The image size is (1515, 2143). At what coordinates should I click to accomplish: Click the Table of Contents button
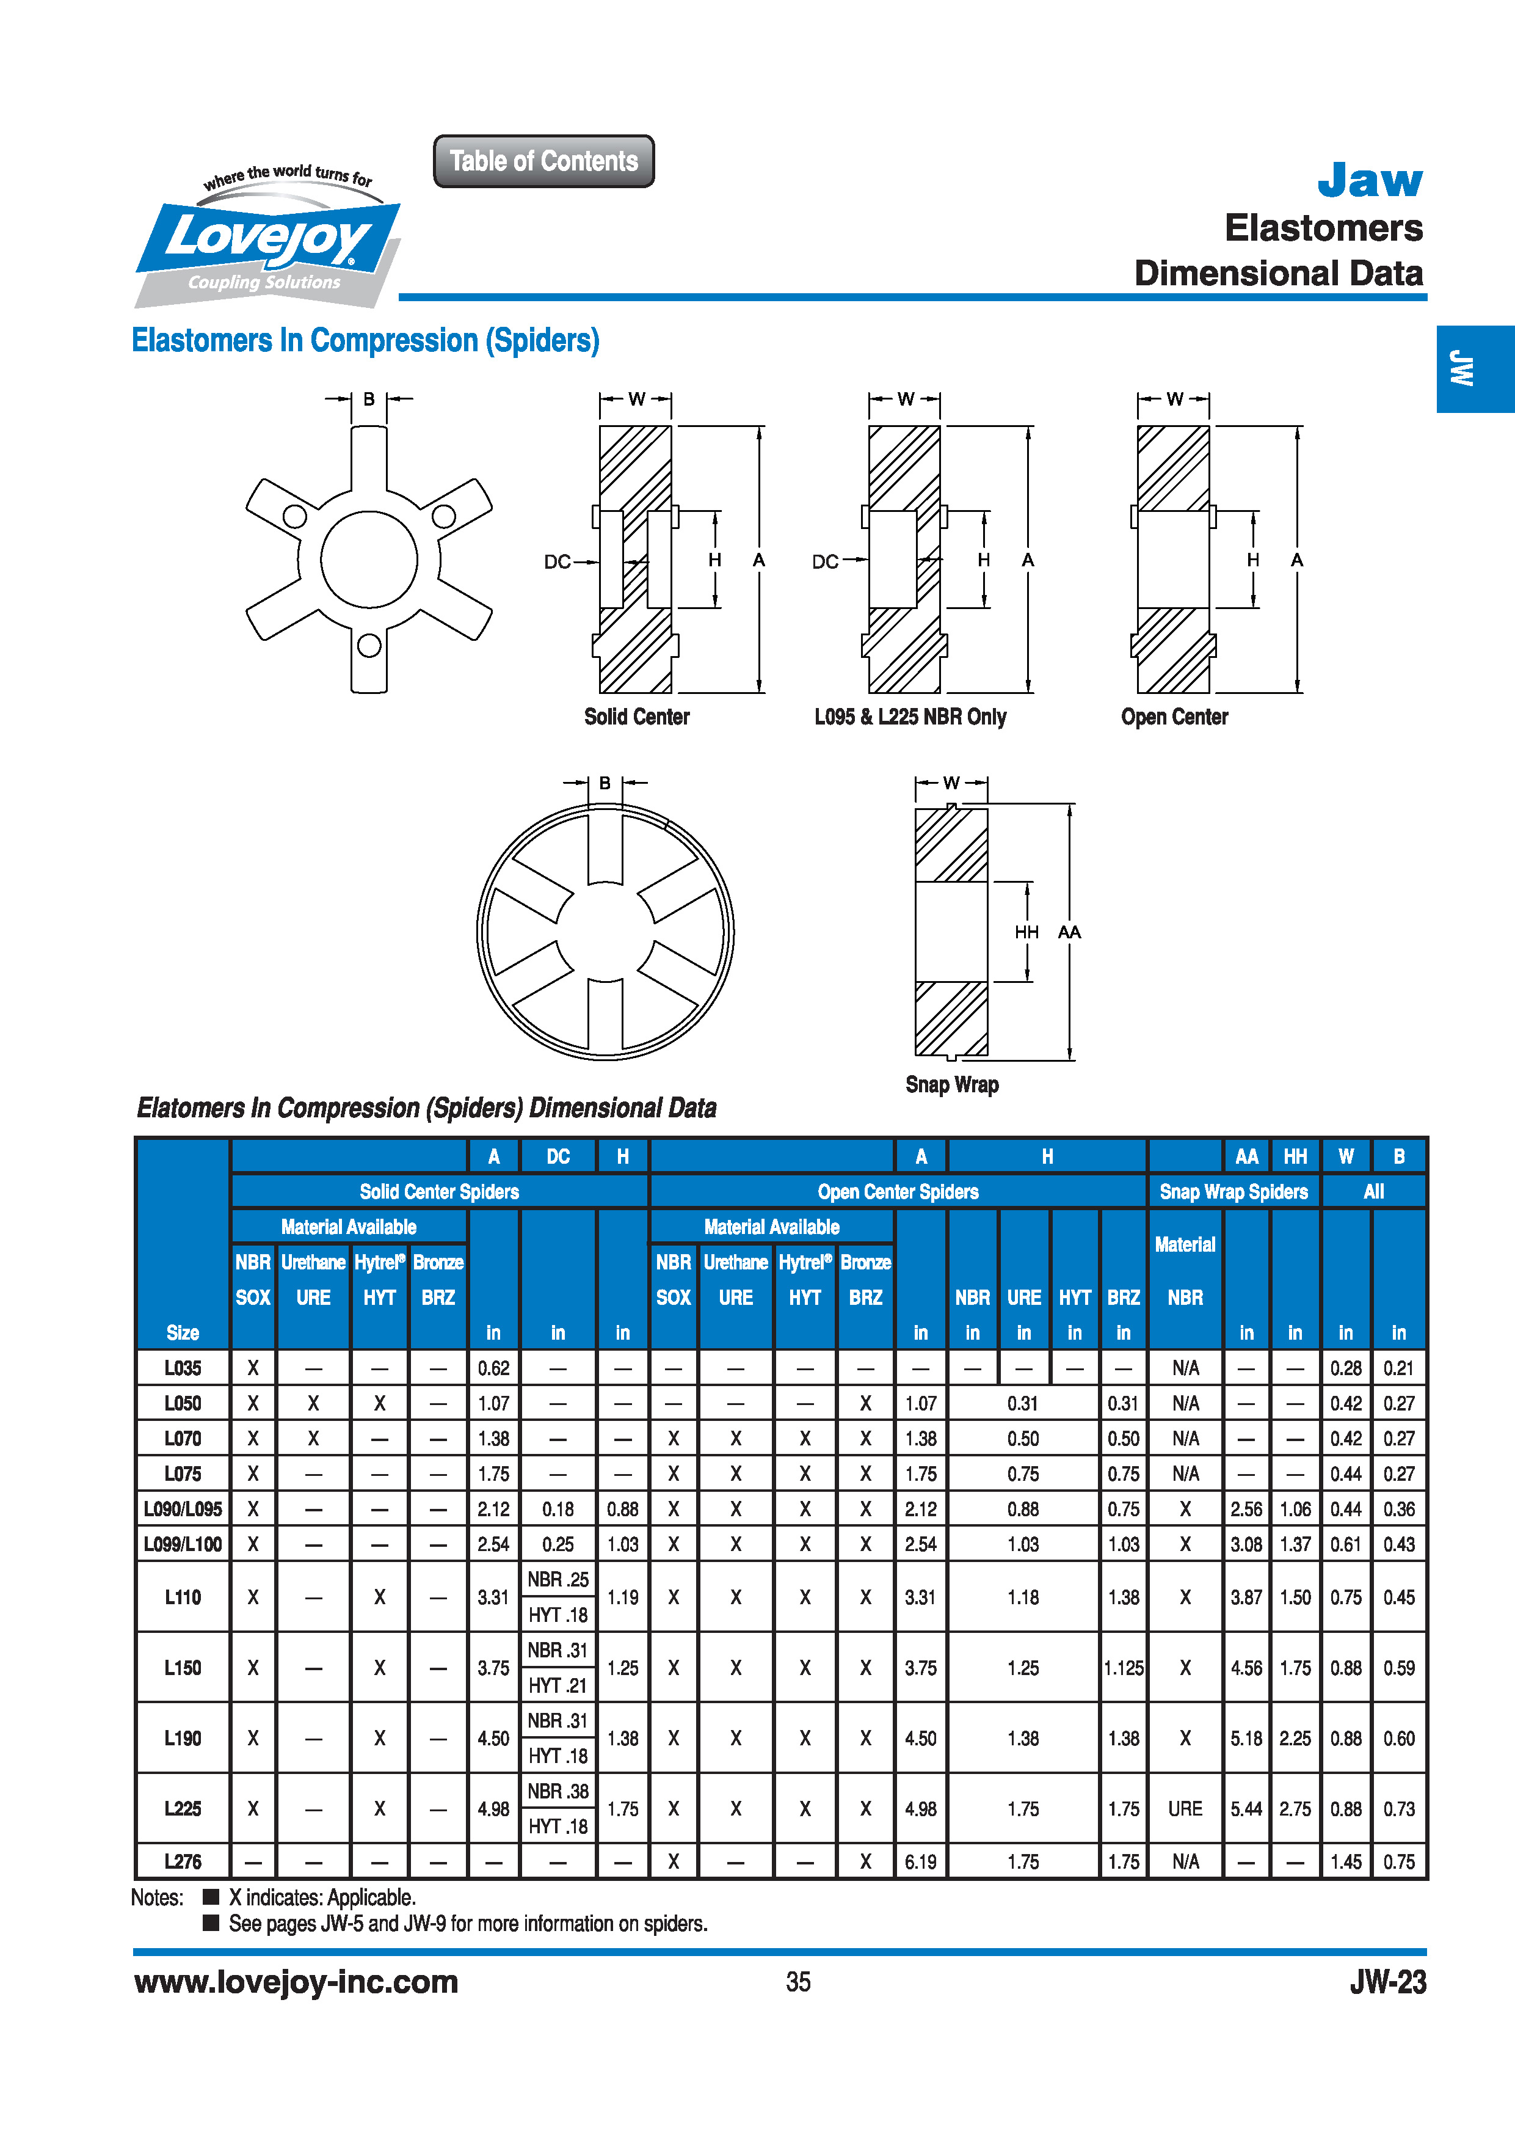click(x=544, y=161)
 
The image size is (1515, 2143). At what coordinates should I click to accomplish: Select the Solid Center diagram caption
click(x=636, y=717)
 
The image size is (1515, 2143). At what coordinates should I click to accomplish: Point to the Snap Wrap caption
click(x=951, y=1084)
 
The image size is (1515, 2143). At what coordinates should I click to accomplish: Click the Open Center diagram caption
click(x=1174, y=717)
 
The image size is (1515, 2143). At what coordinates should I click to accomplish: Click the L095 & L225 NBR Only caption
click(x=910, y=717)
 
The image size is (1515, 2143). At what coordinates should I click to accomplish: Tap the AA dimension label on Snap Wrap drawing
click(x=1069, y=932)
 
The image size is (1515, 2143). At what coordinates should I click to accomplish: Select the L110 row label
click(x=183, y=1597)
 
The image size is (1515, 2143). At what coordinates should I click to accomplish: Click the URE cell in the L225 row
click(x=1185, y=1809)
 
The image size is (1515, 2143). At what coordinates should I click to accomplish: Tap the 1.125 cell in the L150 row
click(x=1123, y=1668)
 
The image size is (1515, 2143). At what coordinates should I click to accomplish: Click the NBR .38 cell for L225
click(x=558, y=1791)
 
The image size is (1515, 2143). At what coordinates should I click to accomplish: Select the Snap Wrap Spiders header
click(x=1233, y=1192)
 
